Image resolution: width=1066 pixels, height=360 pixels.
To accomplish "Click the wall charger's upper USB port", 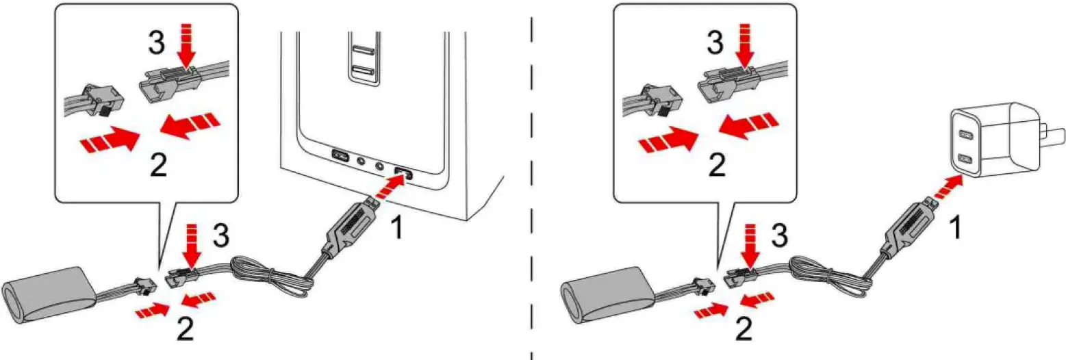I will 965,136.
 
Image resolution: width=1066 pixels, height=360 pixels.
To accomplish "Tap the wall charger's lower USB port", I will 966,159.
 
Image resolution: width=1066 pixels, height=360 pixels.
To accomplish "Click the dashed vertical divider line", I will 532,205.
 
